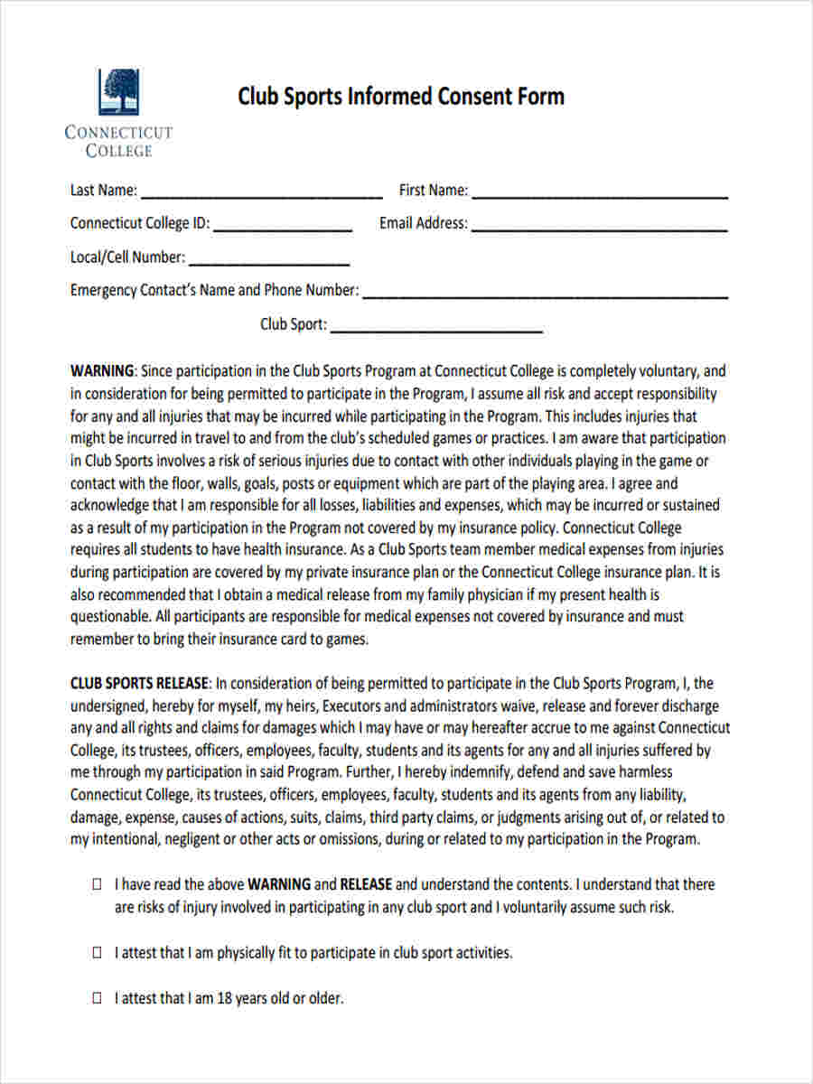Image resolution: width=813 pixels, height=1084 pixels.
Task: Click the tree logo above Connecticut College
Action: coord(118,90)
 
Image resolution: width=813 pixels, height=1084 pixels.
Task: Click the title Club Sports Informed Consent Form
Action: coord(401,97)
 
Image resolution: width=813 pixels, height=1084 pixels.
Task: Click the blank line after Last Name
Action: coord(262,194)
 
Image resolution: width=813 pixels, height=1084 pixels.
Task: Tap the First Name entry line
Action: coord(600,194)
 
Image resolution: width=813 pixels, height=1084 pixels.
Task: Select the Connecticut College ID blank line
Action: coord(283,229)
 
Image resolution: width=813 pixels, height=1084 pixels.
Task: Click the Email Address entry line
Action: coord(600,229)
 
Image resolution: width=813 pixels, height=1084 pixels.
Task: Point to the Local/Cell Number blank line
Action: coord(269,263)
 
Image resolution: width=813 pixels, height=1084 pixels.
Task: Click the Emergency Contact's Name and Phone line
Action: coord(545,295)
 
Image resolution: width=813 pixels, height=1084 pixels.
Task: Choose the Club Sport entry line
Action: coord(436,330)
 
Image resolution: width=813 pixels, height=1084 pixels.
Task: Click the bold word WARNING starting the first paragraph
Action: coord(102,371)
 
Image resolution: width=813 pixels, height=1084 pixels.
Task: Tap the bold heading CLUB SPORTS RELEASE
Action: coord(140,684)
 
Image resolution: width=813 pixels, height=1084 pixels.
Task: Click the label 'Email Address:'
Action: coord(424,223)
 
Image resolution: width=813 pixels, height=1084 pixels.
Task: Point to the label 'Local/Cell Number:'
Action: coord(127,257)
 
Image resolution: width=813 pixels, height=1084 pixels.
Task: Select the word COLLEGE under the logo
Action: coord(118,152)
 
